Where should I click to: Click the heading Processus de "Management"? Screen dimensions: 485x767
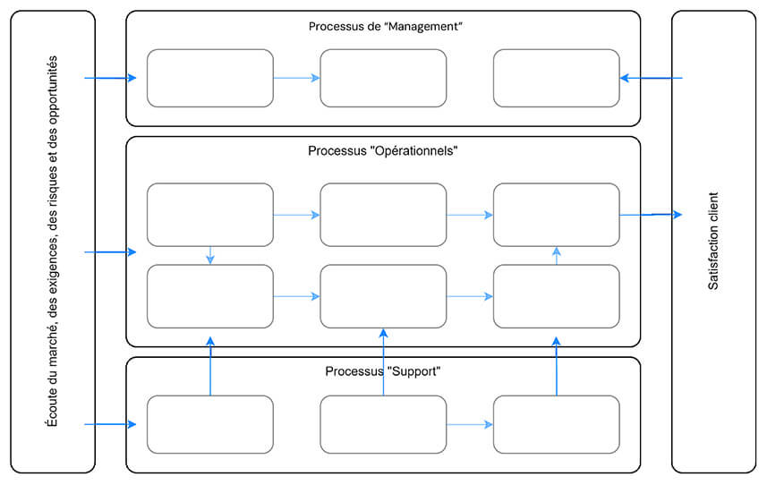pyautogui.click(x=384, y=27)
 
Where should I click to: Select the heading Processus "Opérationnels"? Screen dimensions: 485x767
pyautogui.click(x=383, y=151)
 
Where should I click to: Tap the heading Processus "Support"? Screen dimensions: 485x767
pyautogui.click(x=383, y=370)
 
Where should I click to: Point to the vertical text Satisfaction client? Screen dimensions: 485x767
pyautogui.click(x=713, y=241)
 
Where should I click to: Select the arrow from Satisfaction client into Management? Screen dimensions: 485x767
pyautogui.click(x=651, y=78)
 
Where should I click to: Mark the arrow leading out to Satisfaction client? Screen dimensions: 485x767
pyautogui.click(x=651, y=215)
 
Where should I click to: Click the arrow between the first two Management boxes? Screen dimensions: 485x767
pyautogui.click(x=296, y=78)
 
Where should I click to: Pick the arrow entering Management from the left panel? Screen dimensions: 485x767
pyautogui.click(x=110, y=78)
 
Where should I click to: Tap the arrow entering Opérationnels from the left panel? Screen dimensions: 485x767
pyautogui.click(x=110, y=252)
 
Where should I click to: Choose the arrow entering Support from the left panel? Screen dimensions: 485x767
pyautogui.click(x=110, y=424)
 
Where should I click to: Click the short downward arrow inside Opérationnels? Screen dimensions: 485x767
pyautogui.click(x=210, y=255)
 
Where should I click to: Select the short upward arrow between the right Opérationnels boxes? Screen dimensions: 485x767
pyautogui.click(x=557, y=255)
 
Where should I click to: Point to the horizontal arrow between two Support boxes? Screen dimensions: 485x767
pyautogui.click(x=469, y=424)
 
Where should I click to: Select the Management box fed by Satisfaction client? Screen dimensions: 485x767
pyautogui.click(x=556, y=78)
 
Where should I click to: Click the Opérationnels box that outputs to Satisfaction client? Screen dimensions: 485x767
pyautogui.click(x=556, y=215)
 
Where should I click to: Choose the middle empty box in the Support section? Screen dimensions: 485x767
pyautogui.click(x=383, y=424)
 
